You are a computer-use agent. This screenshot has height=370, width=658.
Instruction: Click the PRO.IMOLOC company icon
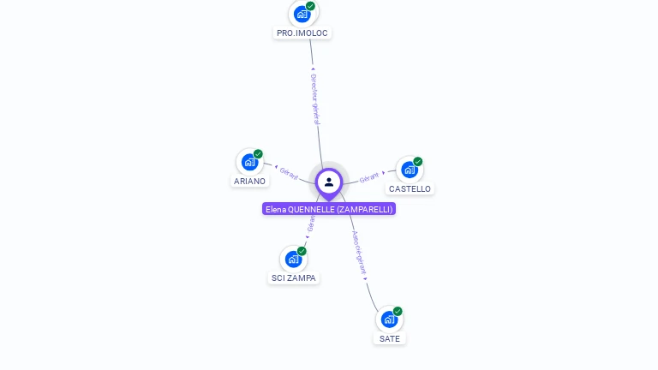302,14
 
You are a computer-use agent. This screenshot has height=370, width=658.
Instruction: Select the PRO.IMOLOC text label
302,33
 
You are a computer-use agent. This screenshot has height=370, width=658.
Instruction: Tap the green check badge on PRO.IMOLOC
310,6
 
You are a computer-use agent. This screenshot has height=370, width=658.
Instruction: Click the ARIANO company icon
249,162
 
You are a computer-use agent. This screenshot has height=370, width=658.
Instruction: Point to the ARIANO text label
250,182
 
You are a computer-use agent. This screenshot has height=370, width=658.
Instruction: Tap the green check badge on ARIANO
258,154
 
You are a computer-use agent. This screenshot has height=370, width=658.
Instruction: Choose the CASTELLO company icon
410,170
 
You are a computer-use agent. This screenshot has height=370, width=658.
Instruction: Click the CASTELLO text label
410,189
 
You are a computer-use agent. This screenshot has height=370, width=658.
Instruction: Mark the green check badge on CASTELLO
418,162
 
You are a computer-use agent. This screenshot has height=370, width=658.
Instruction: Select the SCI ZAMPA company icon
293,259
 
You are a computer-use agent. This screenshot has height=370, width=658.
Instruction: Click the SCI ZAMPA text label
294,278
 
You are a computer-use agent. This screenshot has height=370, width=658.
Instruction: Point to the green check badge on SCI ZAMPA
302,251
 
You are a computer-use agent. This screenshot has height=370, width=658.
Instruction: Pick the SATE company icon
389,319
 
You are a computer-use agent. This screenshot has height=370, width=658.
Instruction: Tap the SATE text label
390,339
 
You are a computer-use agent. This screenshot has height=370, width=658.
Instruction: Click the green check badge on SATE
398,312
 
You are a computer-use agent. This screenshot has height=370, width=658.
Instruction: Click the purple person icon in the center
329,182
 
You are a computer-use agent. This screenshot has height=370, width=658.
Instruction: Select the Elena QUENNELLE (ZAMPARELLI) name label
329,209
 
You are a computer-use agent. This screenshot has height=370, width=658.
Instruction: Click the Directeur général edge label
314,98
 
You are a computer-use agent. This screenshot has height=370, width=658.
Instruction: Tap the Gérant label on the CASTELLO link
369,177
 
